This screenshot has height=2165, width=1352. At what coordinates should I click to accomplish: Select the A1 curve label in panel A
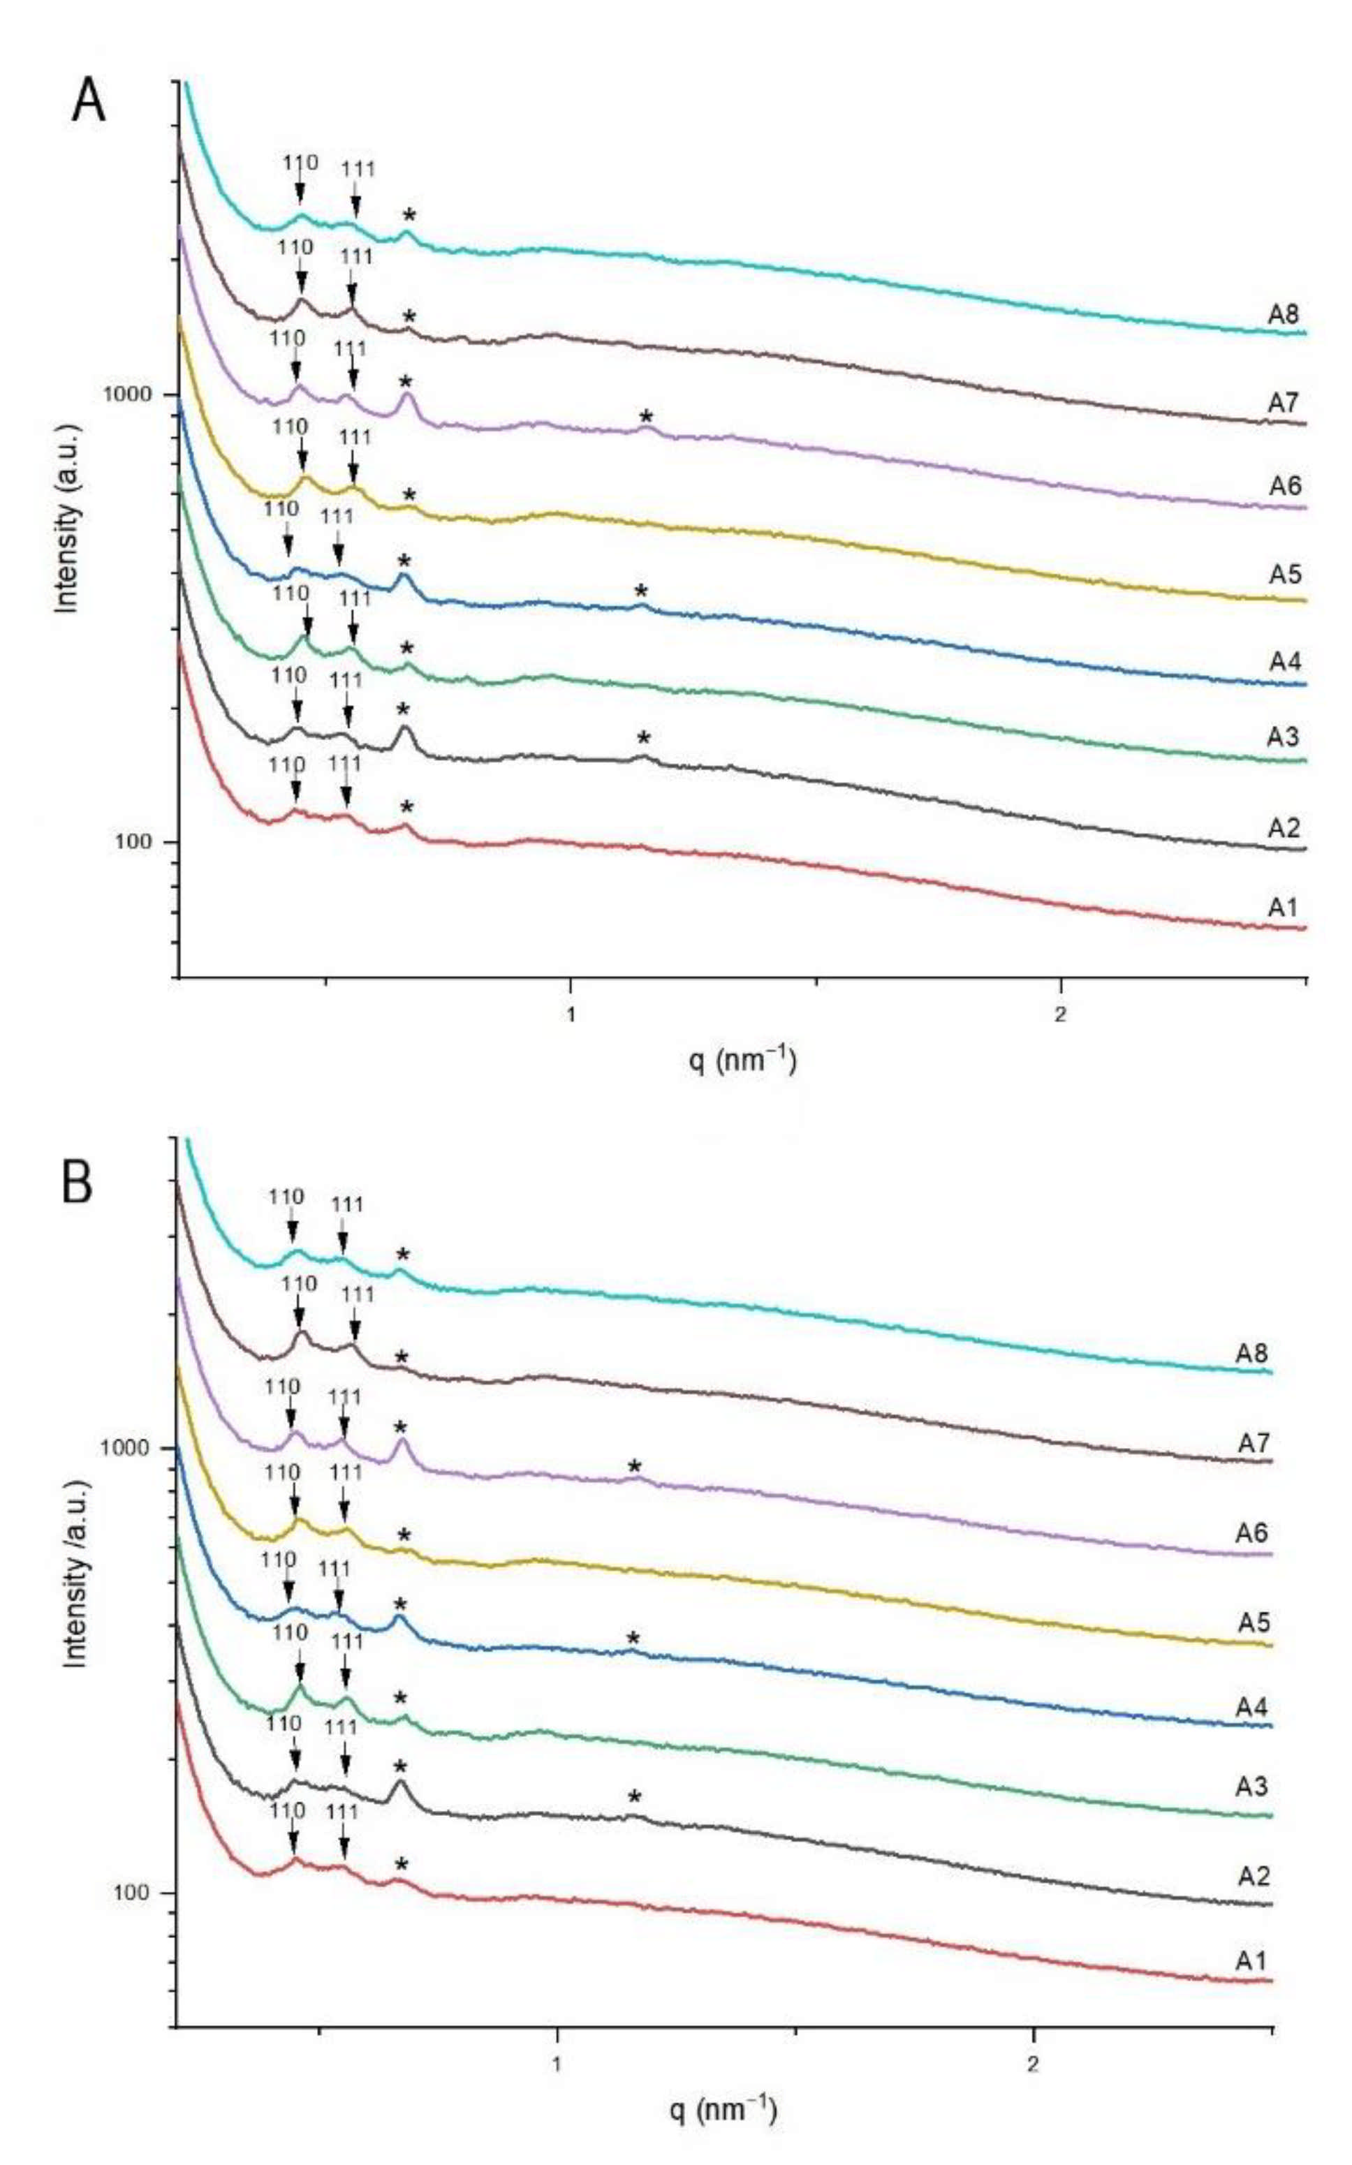tap(1282, 908)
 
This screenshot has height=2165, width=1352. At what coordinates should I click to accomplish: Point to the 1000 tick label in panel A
tap(133, 394)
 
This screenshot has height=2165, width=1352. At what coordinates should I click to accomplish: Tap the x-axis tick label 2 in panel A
tap(1061, 1017)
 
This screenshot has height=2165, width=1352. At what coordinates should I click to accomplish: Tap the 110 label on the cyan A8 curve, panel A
tap(300, 163)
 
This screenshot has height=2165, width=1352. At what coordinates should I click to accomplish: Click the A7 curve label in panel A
tap(1282, 402)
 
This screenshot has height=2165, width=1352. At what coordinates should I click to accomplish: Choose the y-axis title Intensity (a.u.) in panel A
tap(68, 519)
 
